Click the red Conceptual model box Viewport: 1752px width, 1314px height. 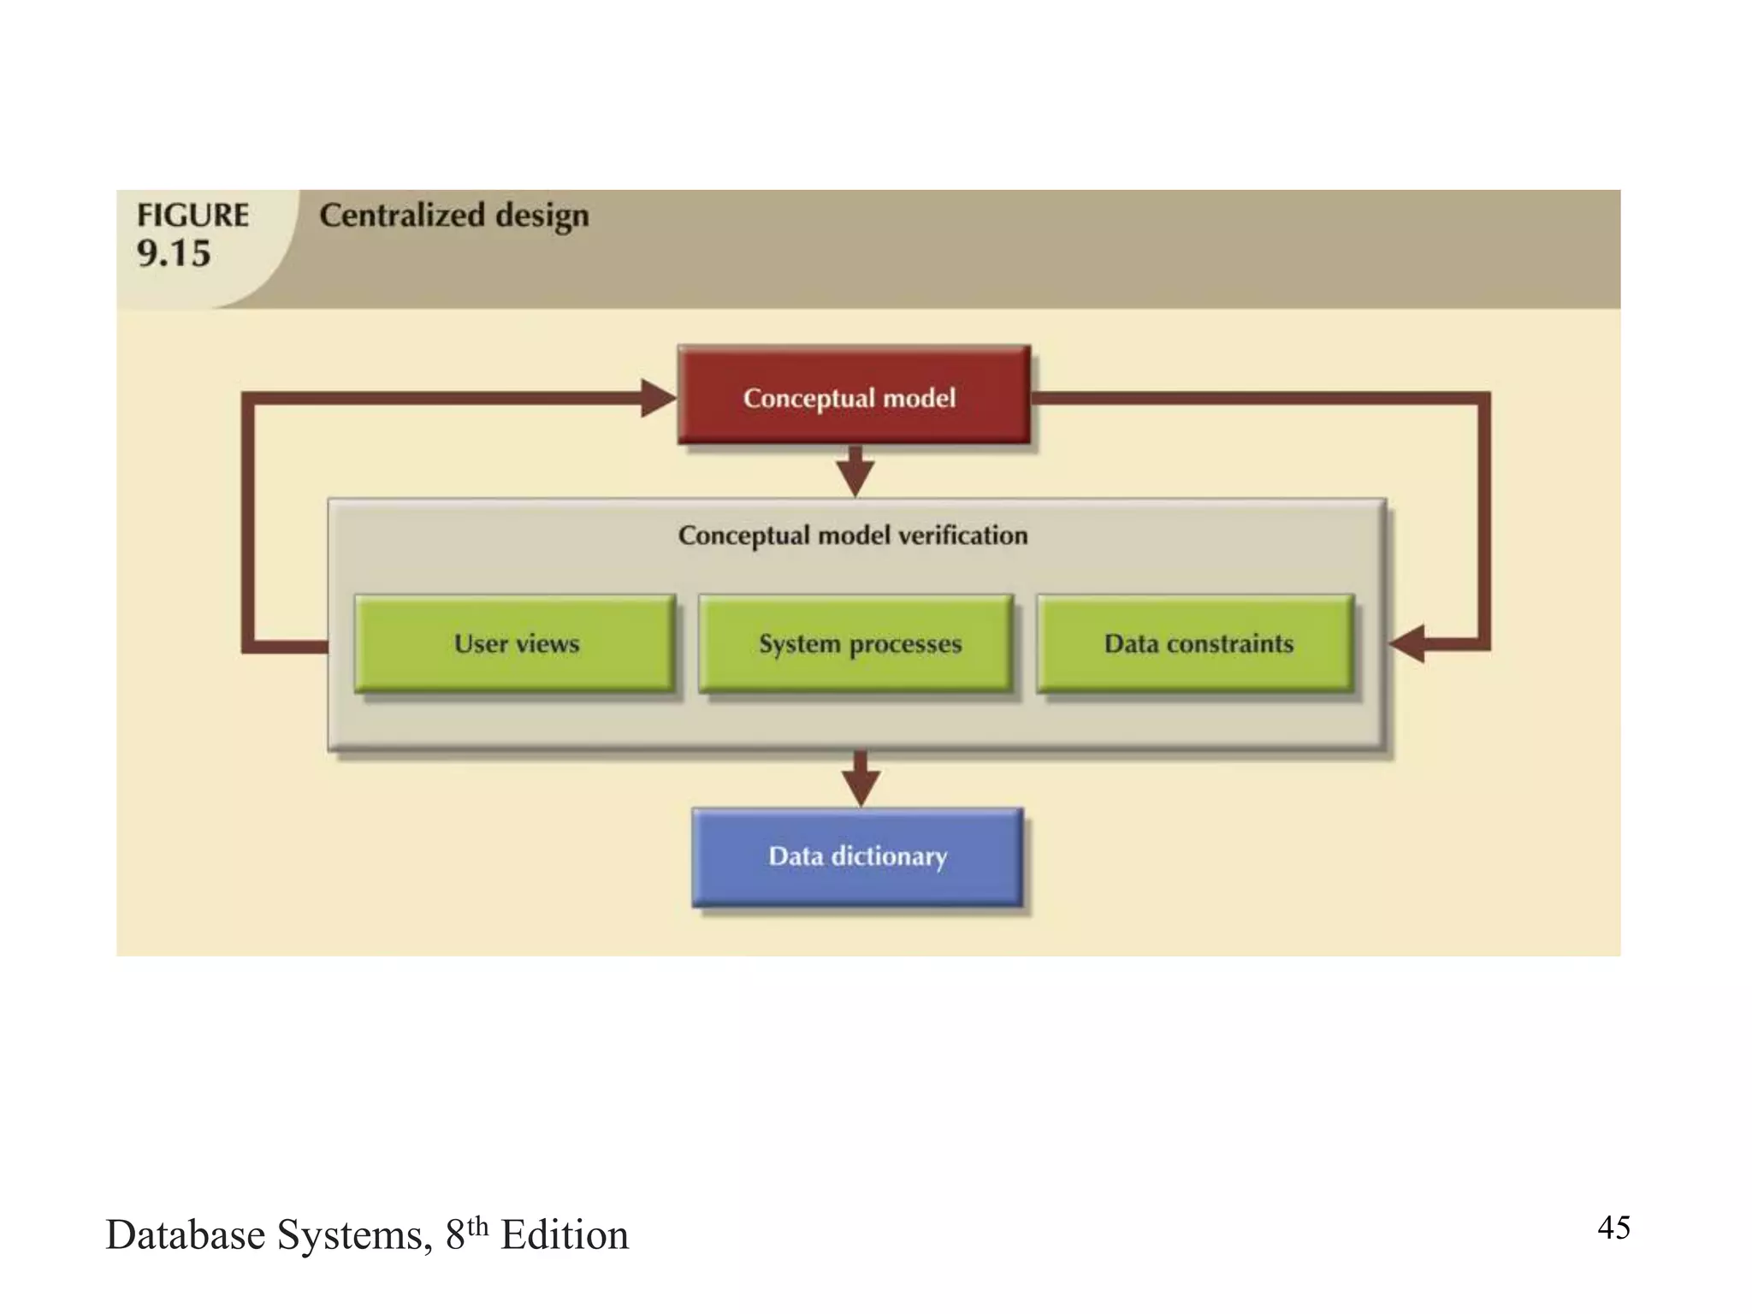(x=854, y=395)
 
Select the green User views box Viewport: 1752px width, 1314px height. (x=515, y=643)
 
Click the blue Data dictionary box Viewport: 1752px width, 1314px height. (x=857, y=856)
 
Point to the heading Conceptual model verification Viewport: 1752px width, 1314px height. (x=853, y=536)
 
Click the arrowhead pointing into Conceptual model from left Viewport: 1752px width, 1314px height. (x=658, y=399)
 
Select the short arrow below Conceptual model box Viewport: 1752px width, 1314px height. (x=855, y=471)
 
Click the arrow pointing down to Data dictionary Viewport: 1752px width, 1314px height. (x=861, y=779)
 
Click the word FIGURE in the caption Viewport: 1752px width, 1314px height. (x=193, y=215)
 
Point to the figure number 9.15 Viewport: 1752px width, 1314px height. (x=174, y=254)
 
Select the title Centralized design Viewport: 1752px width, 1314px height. (x=454, y=215)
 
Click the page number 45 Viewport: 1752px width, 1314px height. (x=1613, y=1228)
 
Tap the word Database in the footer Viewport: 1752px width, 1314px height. (x=185, y=1235)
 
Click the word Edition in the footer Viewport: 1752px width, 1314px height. (x=565, y=1235)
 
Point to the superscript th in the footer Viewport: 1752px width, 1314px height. (x=477, y=1225)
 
